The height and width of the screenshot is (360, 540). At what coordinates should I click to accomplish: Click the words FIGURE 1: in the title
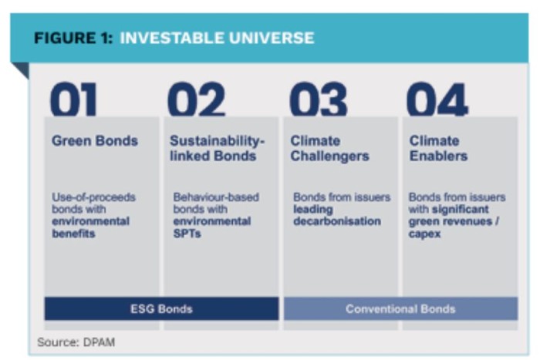click(x=73, y=38)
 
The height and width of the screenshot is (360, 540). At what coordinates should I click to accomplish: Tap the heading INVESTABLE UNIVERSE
click(x=217, y=38)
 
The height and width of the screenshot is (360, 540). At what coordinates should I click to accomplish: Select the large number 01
click(x=73, y=99)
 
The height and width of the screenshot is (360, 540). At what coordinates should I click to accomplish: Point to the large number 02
click(x=196, y=99)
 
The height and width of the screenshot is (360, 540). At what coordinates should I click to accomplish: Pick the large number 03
click(x=318, y=99)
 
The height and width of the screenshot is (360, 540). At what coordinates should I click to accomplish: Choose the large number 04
click(x=437, y=99)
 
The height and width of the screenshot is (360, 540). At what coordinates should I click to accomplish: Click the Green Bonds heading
click(x=95, y=141)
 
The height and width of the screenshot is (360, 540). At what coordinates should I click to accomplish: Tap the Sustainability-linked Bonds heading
click(x=218, y=148)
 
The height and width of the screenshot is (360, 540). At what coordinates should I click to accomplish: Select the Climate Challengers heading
click(x=330, y=148)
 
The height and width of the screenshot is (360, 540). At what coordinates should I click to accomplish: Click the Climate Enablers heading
click(x=438, y=148)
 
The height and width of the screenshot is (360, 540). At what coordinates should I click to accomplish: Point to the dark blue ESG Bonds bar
click(x=161, y=308)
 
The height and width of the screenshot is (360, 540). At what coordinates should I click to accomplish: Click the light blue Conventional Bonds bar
click(x=400, y=308)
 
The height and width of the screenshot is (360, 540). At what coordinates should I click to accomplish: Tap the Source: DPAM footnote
click(x=76, y=342)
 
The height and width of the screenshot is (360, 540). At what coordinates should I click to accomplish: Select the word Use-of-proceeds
click(x=93, y=197)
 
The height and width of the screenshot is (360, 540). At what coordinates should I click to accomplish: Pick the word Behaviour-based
click(x=216, y=197)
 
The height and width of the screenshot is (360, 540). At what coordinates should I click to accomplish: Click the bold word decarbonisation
click(x=337, y=221)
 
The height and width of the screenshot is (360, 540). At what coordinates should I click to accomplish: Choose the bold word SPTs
click(x=187, y=234)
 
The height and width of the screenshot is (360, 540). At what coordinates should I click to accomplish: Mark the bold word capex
click(x=424, y=234)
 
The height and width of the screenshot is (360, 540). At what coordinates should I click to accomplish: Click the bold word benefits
click(x=73, y=234)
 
